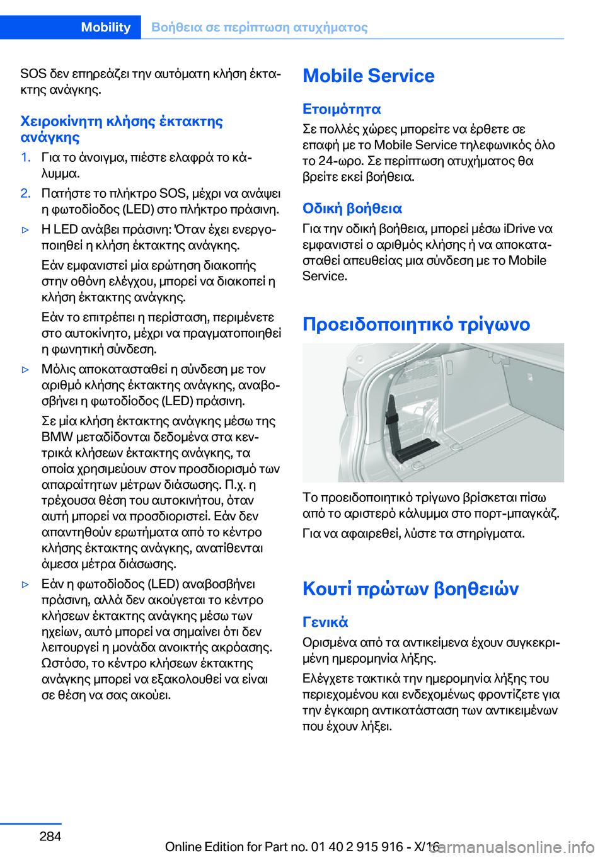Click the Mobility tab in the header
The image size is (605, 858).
coord(105,27)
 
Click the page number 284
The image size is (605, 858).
coord(50,836)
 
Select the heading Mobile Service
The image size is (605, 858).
coord(369,76)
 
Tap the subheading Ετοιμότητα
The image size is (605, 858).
coord(342,109)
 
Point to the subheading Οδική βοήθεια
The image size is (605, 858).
coord(352,209)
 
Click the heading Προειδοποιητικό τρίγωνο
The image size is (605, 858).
coord(416,324)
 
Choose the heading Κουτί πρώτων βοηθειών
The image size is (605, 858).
coord(410,588)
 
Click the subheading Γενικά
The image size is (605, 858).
coord(325,622)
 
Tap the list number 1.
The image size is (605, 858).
coord(25,157)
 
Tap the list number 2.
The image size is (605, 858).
coord(25,193)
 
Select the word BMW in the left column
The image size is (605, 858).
coord(57,437)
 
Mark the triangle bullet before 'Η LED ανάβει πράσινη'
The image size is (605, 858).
coord(26,230)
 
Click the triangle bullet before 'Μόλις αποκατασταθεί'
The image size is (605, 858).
coord(26,370)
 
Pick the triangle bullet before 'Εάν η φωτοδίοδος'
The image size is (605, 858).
coord(26,585)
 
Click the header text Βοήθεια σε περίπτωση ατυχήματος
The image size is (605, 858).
coord(259,27)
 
